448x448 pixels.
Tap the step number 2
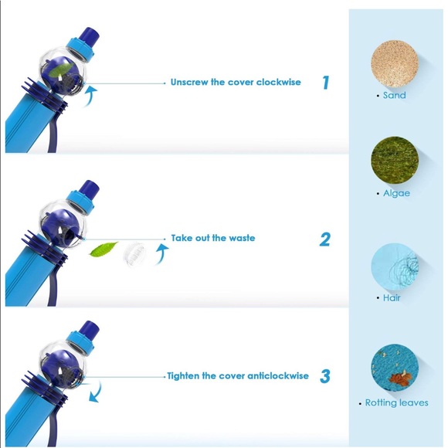(325, 239)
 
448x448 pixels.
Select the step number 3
(325, 376)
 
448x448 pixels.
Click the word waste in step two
(241, 238)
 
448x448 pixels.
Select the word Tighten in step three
(187, 376)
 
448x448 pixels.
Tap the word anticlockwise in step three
(278, 376)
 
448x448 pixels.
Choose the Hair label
(392, 297)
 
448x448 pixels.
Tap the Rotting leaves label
(396, 403)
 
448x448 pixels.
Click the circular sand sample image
(395, 61)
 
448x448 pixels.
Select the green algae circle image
(395, 161)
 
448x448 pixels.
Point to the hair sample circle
(395, 266)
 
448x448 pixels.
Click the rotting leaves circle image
(395, 369)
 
